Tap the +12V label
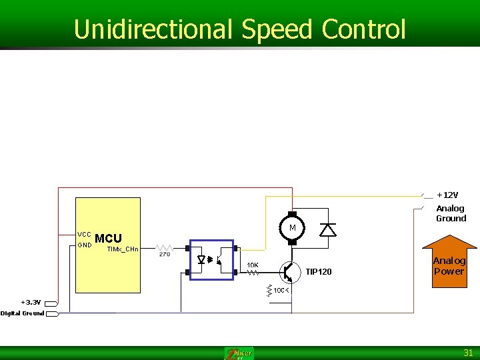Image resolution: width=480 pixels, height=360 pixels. pyautogui.click(x=447, y=195)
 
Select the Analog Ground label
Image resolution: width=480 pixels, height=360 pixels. pyautogui.click(x=451, y=213)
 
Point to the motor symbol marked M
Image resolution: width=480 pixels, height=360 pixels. pyautogui.click(x=291, y=228)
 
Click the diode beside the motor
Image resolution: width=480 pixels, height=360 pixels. pyautogui.click(x=327, y=230)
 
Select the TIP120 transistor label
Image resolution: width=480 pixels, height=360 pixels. pyautogui.click(x=319, y=271)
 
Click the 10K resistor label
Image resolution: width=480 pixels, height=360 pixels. pyautogui.click(x=253, y=265)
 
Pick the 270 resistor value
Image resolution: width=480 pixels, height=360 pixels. pyautogui.click(x=165, y=253)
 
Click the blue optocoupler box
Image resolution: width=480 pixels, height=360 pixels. pyautogui.click(x=211, y=259)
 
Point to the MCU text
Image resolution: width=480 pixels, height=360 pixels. pyautogui.click(x=108, y=239)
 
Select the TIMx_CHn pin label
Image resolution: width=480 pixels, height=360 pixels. pyautogui.click(x=123, y=249)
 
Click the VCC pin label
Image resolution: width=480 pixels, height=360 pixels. pyautogui.click(x=84, y=235)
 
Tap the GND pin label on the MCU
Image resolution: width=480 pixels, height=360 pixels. pyautogui.click(x=84, y=245)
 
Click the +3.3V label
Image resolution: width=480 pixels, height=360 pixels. pyautogui.click(x=31, y=302)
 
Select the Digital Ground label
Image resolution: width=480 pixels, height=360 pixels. pyautogui.click(x=23, y=313)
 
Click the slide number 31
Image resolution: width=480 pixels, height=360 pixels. pyautogui.click(x=468, y=353)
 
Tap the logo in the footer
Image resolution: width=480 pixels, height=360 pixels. pyautogui.click(x=239, y=353)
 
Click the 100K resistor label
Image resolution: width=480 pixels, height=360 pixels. pyautogui.click(x=281, y=291)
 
